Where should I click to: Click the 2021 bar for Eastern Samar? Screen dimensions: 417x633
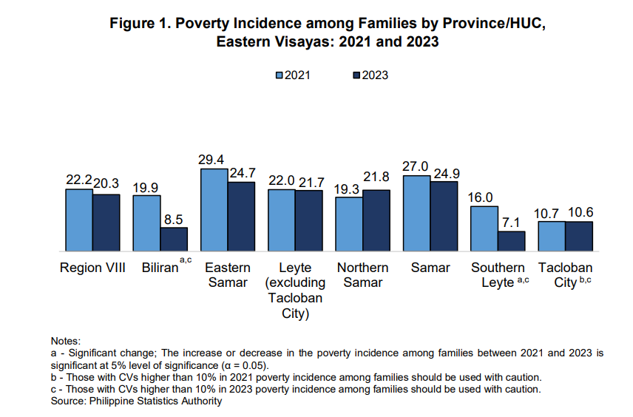tap(214, 210)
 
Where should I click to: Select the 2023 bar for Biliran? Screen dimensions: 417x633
tap(174, 239)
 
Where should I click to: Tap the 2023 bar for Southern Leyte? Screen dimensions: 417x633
tap(511, 241)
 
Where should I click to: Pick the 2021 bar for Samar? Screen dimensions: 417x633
tap(417, 214)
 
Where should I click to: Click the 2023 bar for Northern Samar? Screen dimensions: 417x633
tap(376, 220)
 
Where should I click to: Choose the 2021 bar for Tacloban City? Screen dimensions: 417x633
tap(552, 236)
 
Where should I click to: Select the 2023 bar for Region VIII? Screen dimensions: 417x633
tap(106, 223)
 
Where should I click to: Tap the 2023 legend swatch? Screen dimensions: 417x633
tap(356, 75)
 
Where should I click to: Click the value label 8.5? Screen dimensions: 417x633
tap(175, 219)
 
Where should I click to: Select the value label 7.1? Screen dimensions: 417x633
tap(512, 223)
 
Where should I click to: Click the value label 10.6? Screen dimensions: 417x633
tap(580, 213)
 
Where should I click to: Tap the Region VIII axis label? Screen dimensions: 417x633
tap(93, 268)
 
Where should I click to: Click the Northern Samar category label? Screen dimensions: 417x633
tap(363, 275)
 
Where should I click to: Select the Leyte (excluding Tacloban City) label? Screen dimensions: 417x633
tap(295, 291)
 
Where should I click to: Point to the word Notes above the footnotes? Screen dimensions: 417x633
tap(65, 341)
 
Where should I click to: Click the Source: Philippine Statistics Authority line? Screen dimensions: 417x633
tap(136, 401)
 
